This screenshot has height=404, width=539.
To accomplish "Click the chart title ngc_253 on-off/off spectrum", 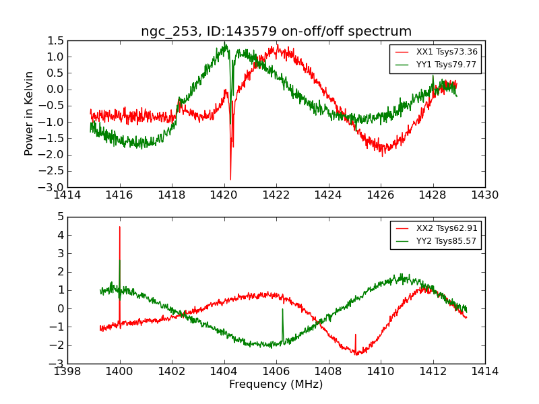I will click(x=276, y=32).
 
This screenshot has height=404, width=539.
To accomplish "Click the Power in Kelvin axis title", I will click(x=29, y=113).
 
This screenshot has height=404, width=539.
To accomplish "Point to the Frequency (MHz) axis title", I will click(x=276, y=384).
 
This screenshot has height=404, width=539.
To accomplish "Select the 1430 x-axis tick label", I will click(x=484, y=195).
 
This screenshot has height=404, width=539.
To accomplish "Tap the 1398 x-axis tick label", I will click(x=67, y=372).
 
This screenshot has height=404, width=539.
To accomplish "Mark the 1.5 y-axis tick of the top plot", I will click(x=56, y=40).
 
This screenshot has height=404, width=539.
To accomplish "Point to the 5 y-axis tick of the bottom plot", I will click(x=61, y=217).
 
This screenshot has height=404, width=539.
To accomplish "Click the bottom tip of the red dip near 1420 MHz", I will click(x=230, y=180).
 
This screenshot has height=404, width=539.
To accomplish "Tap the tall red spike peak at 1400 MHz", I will click(x=120, y=227).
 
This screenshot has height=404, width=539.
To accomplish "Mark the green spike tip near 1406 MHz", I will click(x=282, y=309).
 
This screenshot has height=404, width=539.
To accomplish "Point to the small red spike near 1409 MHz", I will click(x=356, y=334).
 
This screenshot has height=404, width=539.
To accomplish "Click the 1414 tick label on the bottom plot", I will click(x=484, y=372).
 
